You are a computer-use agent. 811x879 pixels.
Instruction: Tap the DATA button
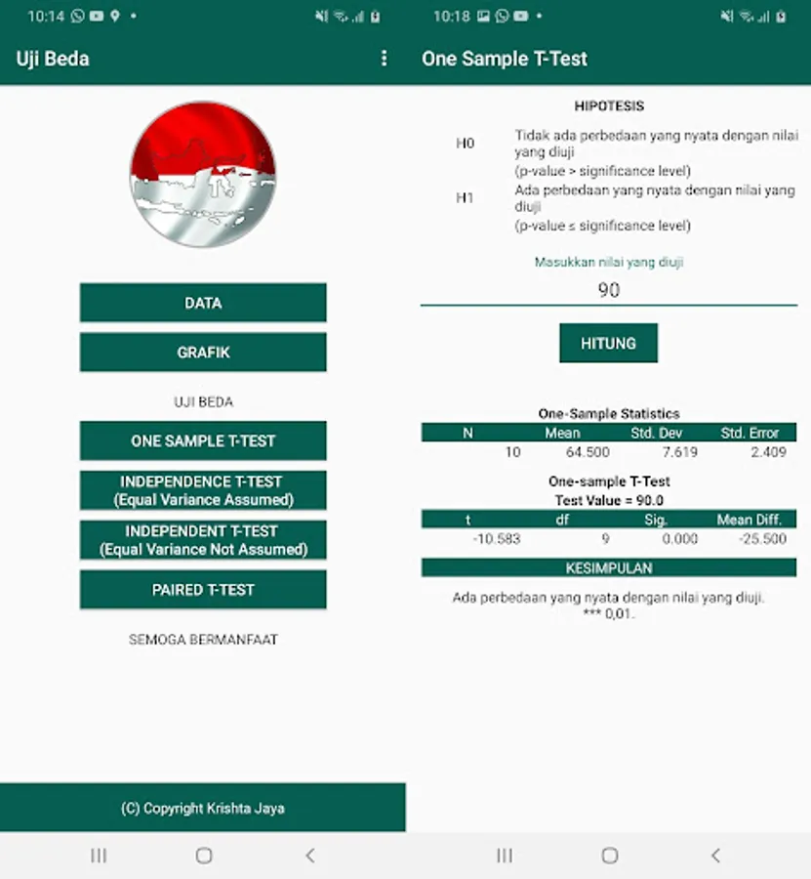click(203, 303)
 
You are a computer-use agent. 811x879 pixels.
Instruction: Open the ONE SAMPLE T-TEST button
click(203, 440)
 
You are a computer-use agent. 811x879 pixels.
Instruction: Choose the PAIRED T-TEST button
click(203, 590)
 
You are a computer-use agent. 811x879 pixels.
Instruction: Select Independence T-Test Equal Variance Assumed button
click(203, 490)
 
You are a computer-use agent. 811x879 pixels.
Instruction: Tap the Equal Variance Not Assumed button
click(203, 540)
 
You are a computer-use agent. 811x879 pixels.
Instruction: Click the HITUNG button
click(608, 343)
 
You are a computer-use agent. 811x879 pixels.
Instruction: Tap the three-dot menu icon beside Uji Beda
click(384, 59)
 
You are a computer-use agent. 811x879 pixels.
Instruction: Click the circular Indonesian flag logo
click(203, 175)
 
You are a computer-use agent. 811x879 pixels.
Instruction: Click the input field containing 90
click(609, 290)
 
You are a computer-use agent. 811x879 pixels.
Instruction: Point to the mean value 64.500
click(588, 452)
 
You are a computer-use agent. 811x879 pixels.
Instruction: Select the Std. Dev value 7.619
click(680, 452)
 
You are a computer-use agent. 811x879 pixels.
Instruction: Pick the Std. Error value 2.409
click(768, 452)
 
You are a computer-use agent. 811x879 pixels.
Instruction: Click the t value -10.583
click(497, 539)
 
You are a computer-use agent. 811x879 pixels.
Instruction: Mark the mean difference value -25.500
click(762, 539)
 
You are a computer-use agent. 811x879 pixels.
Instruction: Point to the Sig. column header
click(655, 520)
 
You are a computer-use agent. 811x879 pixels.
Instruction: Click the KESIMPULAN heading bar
click(609, 567)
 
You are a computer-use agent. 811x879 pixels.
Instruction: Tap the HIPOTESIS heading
click(609, 105)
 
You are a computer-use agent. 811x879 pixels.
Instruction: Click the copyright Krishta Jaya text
click(203, 808)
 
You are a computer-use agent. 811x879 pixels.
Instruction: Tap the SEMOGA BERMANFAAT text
click(203, 640)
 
